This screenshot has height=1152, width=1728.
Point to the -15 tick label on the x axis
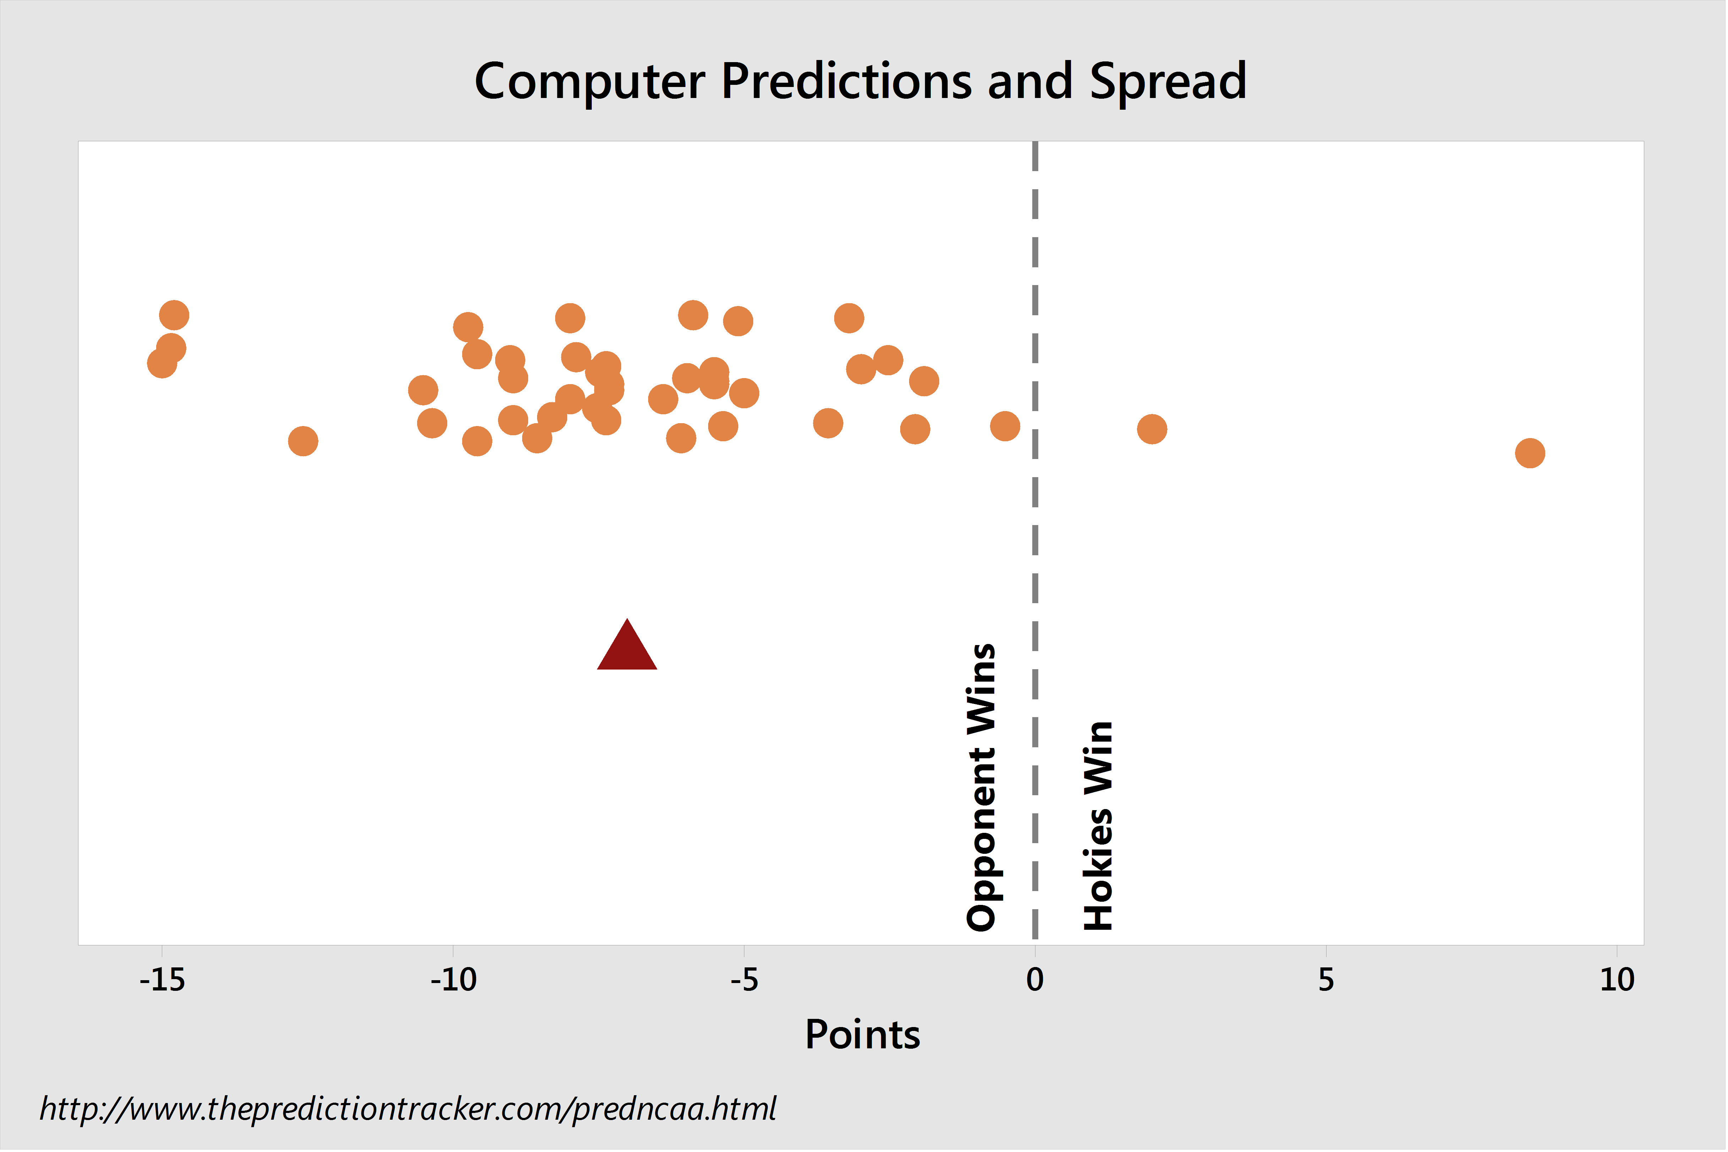pyautogui.click(x=162, y=980)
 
